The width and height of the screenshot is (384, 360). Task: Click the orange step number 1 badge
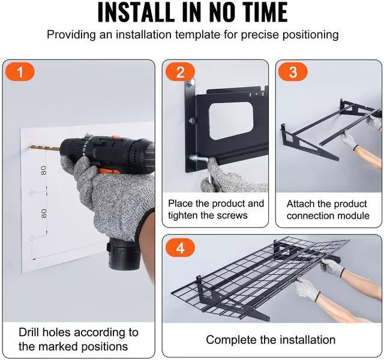20,72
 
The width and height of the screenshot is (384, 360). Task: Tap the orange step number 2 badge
180,72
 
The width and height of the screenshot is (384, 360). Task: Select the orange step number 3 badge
293,72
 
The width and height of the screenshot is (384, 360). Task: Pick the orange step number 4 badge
180,248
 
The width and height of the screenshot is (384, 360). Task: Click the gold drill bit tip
30,147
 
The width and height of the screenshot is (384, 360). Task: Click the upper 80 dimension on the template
44,170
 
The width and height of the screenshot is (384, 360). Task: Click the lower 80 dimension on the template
44,214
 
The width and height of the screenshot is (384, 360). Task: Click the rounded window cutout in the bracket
232,121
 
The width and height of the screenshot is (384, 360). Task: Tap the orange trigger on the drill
109,170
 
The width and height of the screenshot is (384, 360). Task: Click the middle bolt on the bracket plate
192,121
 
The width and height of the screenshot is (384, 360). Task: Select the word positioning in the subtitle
311,35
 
